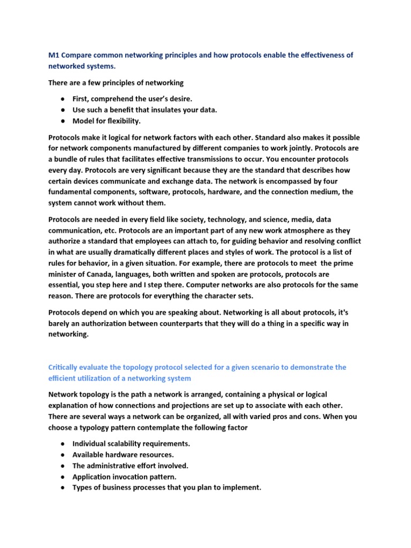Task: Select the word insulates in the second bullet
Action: tap(163, 110)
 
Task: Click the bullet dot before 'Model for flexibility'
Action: tap(63, 121)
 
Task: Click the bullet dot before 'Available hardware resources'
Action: tap(63, 455)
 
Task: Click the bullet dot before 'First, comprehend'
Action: tap(63, 99)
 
